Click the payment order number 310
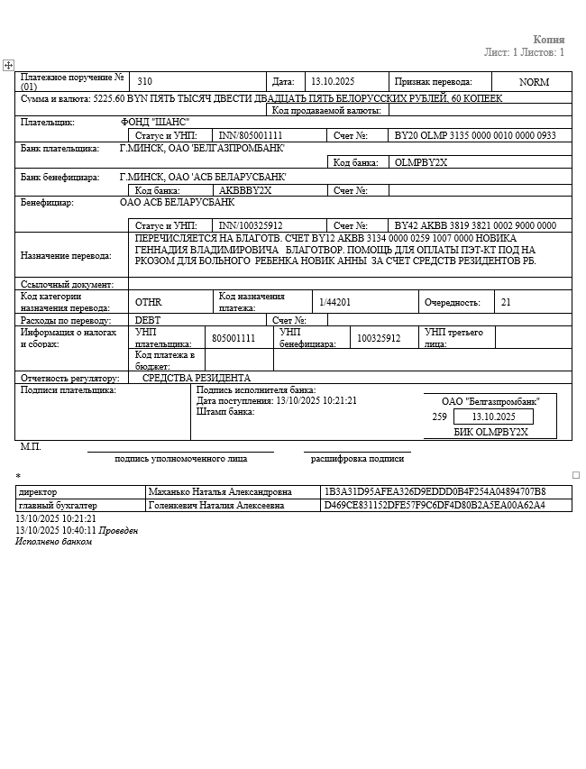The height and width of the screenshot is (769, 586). tap(145, 81)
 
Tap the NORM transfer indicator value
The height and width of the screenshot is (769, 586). tap(534, 81)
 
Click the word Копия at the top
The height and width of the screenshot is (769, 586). tap(548, 40)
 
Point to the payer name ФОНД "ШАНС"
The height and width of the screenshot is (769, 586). tap(155, 122)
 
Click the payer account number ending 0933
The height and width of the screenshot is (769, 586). tap(475, 135)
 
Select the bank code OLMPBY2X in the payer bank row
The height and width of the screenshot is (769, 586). tap(421, 162)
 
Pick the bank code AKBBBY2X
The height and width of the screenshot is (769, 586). tap(245, 190)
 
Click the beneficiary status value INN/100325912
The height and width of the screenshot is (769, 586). tap(251, 225)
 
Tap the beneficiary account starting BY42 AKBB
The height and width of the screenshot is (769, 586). tap(475, 225)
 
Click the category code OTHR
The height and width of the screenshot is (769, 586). tap(148, 303)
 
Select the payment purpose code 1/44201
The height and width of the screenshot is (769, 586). tap(334, 302)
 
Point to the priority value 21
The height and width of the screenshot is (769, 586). tap(506, 303)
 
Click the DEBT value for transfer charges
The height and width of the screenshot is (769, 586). tap(148, 320)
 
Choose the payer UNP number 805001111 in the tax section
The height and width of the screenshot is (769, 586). tap(233, 338)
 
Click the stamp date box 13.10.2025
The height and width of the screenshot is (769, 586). tap(493, 417)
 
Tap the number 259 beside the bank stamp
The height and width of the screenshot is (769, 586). tap(440, 417)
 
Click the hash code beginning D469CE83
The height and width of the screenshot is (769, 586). tap(435, 505)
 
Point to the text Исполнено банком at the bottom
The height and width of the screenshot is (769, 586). tap(53, 542)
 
